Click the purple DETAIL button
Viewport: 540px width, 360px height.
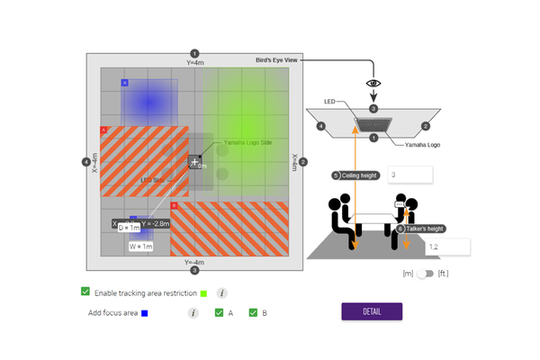pyautogui.click(x=372, y=311)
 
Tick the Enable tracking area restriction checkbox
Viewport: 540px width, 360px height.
pyautogui.click(x=85, y=292)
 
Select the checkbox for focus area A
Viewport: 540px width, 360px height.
pyautogui.click(x=219, y=312)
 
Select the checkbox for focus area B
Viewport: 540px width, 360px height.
pyautogui.click(x=253, y=312)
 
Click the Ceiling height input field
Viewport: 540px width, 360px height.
pyautogui.click(x=410, y=175)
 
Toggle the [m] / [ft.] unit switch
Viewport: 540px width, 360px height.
pyautogui.click(x=425, y=273)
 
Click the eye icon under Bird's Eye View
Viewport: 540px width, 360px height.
pyautogui.click(x=373, y=83)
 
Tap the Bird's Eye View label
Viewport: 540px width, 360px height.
pyautogui.click(x=275, y=59)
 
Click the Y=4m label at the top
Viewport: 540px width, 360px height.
pyautogui.click(x=195, y=62)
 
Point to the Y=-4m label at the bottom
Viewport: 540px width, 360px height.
pyautogui.click(x=194, y=261)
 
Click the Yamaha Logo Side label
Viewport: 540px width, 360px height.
pyautogui.click(x=247, y=142)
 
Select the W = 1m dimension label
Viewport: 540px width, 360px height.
pyautogui.click(x=142, y=246)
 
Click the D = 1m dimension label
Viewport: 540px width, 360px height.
pyautogui.click(x=128, y=228)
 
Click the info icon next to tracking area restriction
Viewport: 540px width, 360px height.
pyautogui.click(x=222, y=292)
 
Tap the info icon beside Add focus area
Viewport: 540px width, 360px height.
pyautogui.click(x=193, y=312)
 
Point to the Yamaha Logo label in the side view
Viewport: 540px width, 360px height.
pyautogui.click(x=410, y=144)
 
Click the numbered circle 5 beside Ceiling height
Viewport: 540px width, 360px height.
pyautogui.click(x=336, y=175)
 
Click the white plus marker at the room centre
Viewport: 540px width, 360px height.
pyautogui.click(x=194, y=161)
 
